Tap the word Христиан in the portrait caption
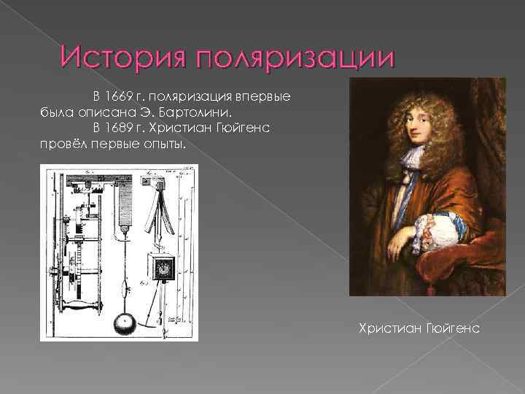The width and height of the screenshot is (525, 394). coord(386,328)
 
